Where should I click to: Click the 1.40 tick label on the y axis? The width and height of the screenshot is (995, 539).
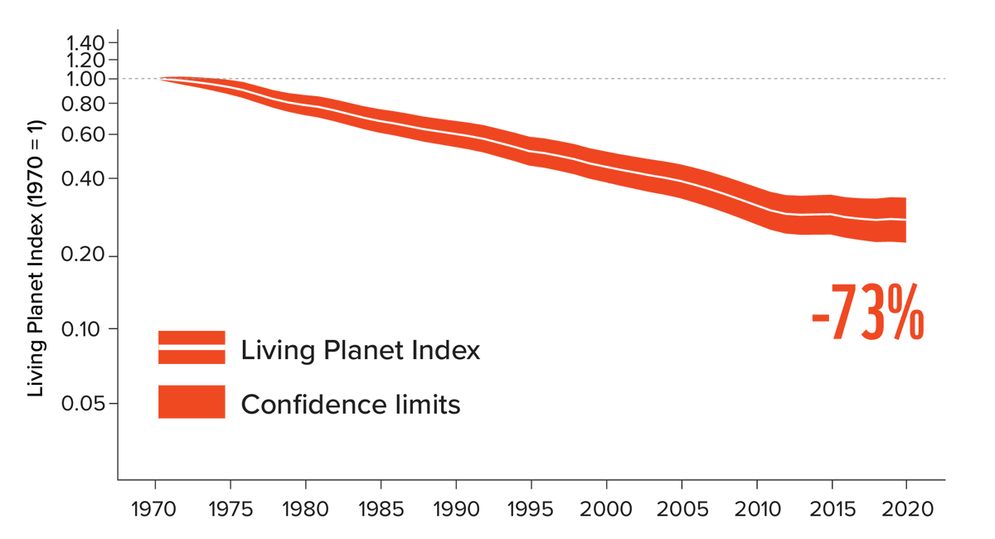coord(86,42)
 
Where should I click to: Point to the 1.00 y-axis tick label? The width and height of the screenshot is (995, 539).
coord(86,79)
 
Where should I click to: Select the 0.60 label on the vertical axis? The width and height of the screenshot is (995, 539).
coord(86,134)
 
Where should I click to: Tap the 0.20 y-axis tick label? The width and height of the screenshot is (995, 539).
coord(86,255)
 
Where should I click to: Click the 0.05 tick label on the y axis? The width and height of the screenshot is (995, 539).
coord(86,404)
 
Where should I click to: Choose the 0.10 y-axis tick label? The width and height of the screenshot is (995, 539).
coord(86,328)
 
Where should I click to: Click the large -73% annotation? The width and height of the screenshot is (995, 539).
coord(867,313)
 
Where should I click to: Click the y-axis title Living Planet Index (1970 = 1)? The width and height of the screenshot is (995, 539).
coord(36,259)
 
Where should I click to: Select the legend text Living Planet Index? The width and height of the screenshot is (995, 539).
coord(361,350)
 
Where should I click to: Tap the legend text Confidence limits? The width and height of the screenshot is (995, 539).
coord(351,405)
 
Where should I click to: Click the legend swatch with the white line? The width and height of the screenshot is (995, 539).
coord(192,347)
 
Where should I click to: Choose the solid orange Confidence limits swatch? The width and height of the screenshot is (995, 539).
coord(192,401)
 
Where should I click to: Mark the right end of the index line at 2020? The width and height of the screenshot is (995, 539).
coord(905,220)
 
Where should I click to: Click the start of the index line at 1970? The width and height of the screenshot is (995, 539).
coord(161,79)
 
